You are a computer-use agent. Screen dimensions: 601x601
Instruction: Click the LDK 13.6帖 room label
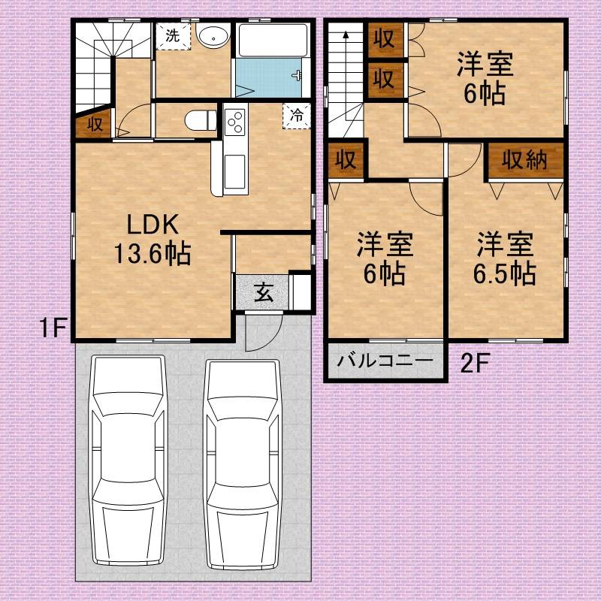tap(153, 239)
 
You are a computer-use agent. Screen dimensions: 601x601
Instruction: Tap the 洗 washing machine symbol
tap(174, 36)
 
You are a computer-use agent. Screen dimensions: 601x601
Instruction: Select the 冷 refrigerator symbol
tap(296, 116)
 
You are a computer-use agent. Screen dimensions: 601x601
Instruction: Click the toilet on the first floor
tap(201, 120)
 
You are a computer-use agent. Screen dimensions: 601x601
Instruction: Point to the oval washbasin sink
tap(213, 35)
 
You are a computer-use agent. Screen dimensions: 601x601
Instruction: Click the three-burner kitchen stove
tap(234, 122)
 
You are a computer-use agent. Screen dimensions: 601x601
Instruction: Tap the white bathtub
tap(273, 41)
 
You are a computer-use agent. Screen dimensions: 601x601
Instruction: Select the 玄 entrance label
tap(264, 293)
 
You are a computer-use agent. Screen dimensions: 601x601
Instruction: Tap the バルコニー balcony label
tap(385, 361)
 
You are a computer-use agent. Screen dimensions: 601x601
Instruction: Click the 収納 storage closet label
tap(524, 159)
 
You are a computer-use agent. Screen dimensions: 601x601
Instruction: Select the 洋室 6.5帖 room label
tap(504, 258)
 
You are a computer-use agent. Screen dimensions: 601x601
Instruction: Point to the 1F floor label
tap(53, 328)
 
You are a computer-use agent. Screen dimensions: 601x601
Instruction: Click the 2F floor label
tap(475, 363)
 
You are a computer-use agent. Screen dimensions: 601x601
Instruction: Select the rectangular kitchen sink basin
tap(234, 171)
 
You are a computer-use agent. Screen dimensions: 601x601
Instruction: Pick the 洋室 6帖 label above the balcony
tap(385, 258)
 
